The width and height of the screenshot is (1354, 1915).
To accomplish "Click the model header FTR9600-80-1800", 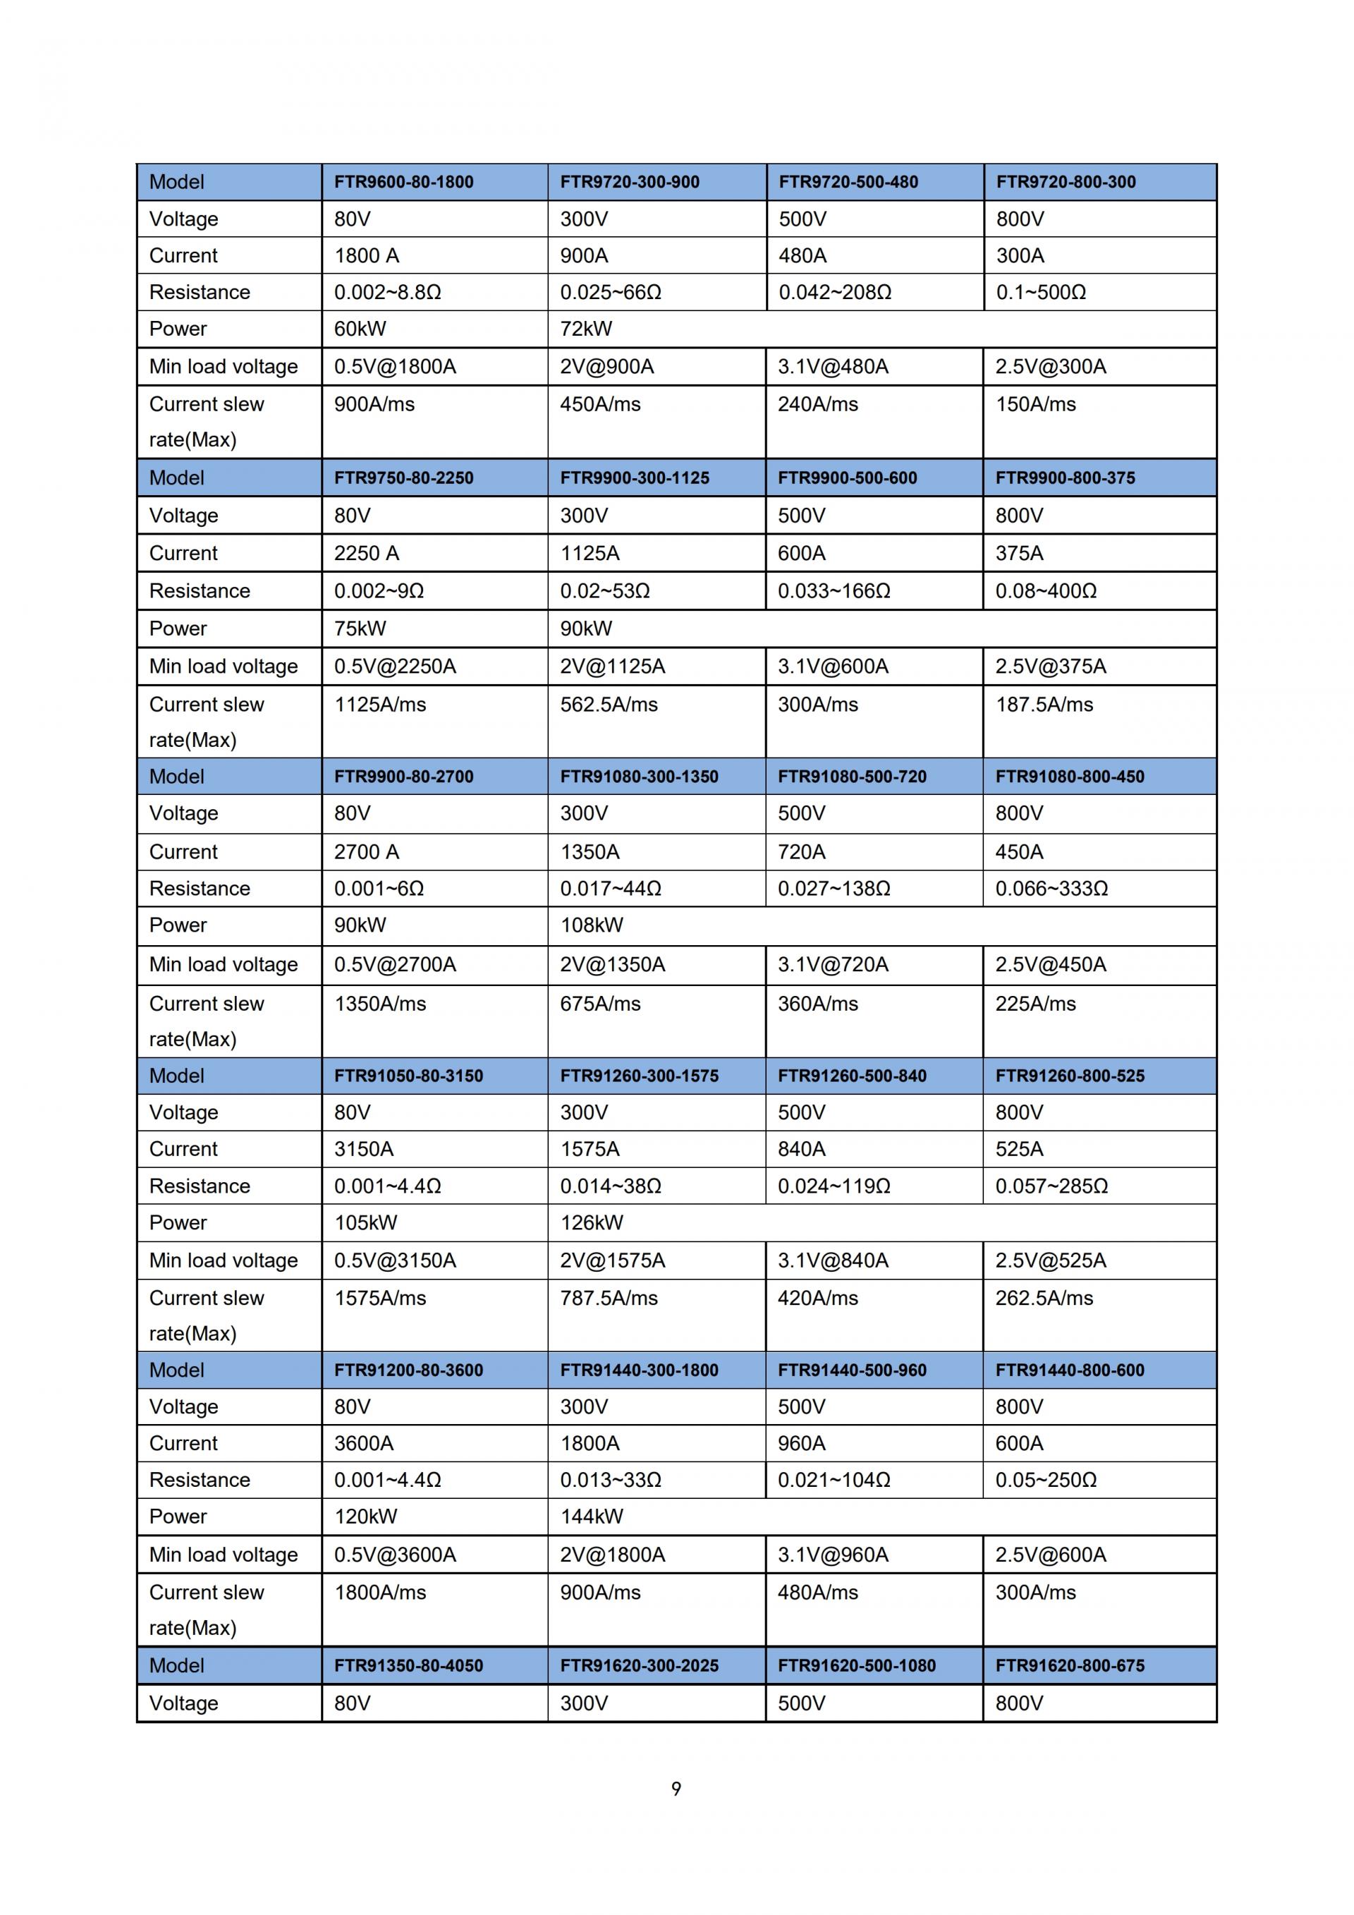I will click(403, 182).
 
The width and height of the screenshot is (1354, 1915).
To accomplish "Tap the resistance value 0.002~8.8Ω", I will click(387, 292).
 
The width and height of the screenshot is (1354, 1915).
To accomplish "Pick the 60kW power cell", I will click(360, 329).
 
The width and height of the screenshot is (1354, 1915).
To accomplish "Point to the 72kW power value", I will click(585, 329).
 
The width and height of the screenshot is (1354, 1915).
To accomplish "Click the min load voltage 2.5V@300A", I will click(1051, 366).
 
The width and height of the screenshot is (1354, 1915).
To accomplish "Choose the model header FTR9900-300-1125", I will click(635, 478).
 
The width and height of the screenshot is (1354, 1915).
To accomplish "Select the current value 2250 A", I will click(366, 553).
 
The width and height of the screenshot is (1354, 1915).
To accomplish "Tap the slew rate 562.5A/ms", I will click(609, 704).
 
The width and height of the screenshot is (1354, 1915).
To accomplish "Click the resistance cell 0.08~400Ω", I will click(1046, 590).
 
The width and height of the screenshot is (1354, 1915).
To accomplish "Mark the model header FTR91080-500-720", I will click(852, 777).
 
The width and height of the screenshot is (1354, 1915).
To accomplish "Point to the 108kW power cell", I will click(591, 925).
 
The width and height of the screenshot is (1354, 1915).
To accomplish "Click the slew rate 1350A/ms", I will click(380, 1004).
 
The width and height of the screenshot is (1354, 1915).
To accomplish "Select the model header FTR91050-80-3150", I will click(408, 1076).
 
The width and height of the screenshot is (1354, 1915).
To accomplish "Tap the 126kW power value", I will click(591, 1223).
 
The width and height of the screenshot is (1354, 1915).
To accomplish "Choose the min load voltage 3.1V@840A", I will click(833, 1260).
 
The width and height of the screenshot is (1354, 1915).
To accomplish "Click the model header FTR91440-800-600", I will click(1070, 1370).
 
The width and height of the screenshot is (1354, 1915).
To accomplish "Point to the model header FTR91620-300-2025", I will click(639, 1665).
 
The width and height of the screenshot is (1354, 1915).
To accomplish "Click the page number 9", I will click(676, 1788).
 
